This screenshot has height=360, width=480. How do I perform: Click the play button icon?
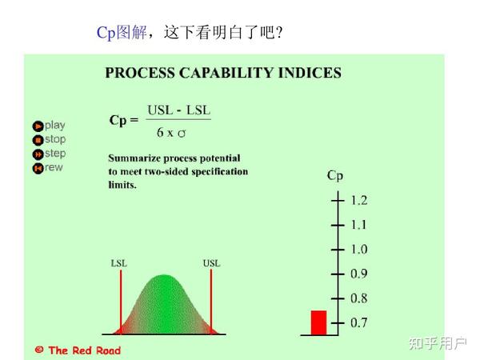pyautogui.click(x=38, y=126)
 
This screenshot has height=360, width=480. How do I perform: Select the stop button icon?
pyautogui.click(x=38, y=140)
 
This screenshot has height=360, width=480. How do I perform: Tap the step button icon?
pyautogui.click(x=38, y=154)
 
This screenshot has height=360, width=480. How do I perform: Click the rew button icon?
pyautogui.click(x=38, y=168)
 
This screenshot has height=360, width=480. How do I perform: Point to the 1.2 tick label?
pyautogui.click(x=359, y=200)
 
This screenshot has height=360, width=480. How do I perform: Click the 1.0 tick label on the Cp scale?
pyautogui.click(x=359, y=249)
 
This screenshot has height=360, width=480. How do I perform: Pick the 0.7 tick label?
pyautogui.click(x=359, y=322)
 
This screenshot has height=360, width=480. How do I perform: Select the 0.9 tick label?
pyautogui.click(x=359, y=274)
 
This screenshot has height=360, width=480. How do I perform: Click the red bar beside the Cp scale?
pyautogui.click(x=319, y=322)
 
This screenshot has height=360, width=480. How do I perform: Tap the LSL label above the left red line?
pyautogui.click(x=118, y=262)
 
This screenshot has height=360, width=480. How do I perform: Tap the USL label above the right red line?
pyautogui.click(x=211, y=262)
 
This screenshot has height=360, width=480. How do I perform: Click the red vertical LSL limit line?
pyautogui.click(x=120, y=300)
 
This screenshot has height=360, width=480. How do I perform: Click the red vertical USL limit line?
pyautogui.click(x=211, y=300)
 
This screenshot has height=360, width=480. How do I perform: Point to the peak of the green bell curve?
pyautogui.click(x=165, y=277)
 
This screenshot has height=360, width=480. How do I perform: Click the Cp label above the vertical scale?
pyautogui.click(x=334, y=175)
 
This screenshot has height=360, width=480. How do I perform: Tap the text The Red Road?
pyautogui.click(x=84, y=350)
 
